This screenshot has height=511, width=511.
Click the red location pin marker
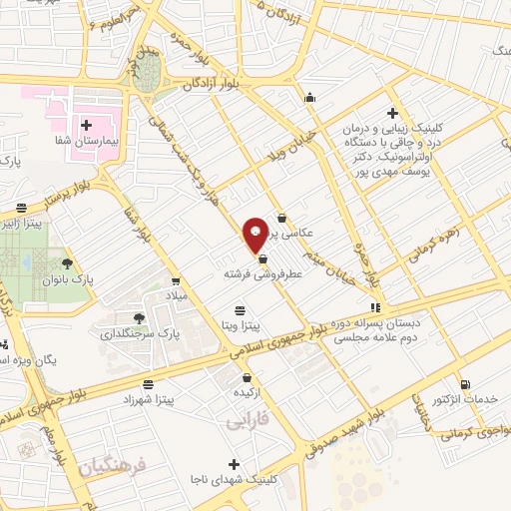point(255,233)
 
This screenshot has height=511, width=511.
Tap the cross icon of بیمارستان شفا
point(86,126)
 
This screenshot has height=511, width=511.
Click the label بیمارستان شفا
point(88,144)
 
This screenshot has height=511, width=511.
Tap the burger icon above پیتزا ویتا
point(239,310)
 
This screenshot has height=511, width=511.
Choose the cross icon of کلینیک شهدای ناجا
point(234,464)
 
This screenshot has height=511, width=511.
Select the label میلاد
point(177,296)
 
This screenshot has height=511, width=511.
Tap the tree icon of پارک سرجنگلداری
point(139,318)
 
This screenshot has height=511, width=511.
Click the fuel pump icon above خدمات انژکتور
point(465,384)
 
